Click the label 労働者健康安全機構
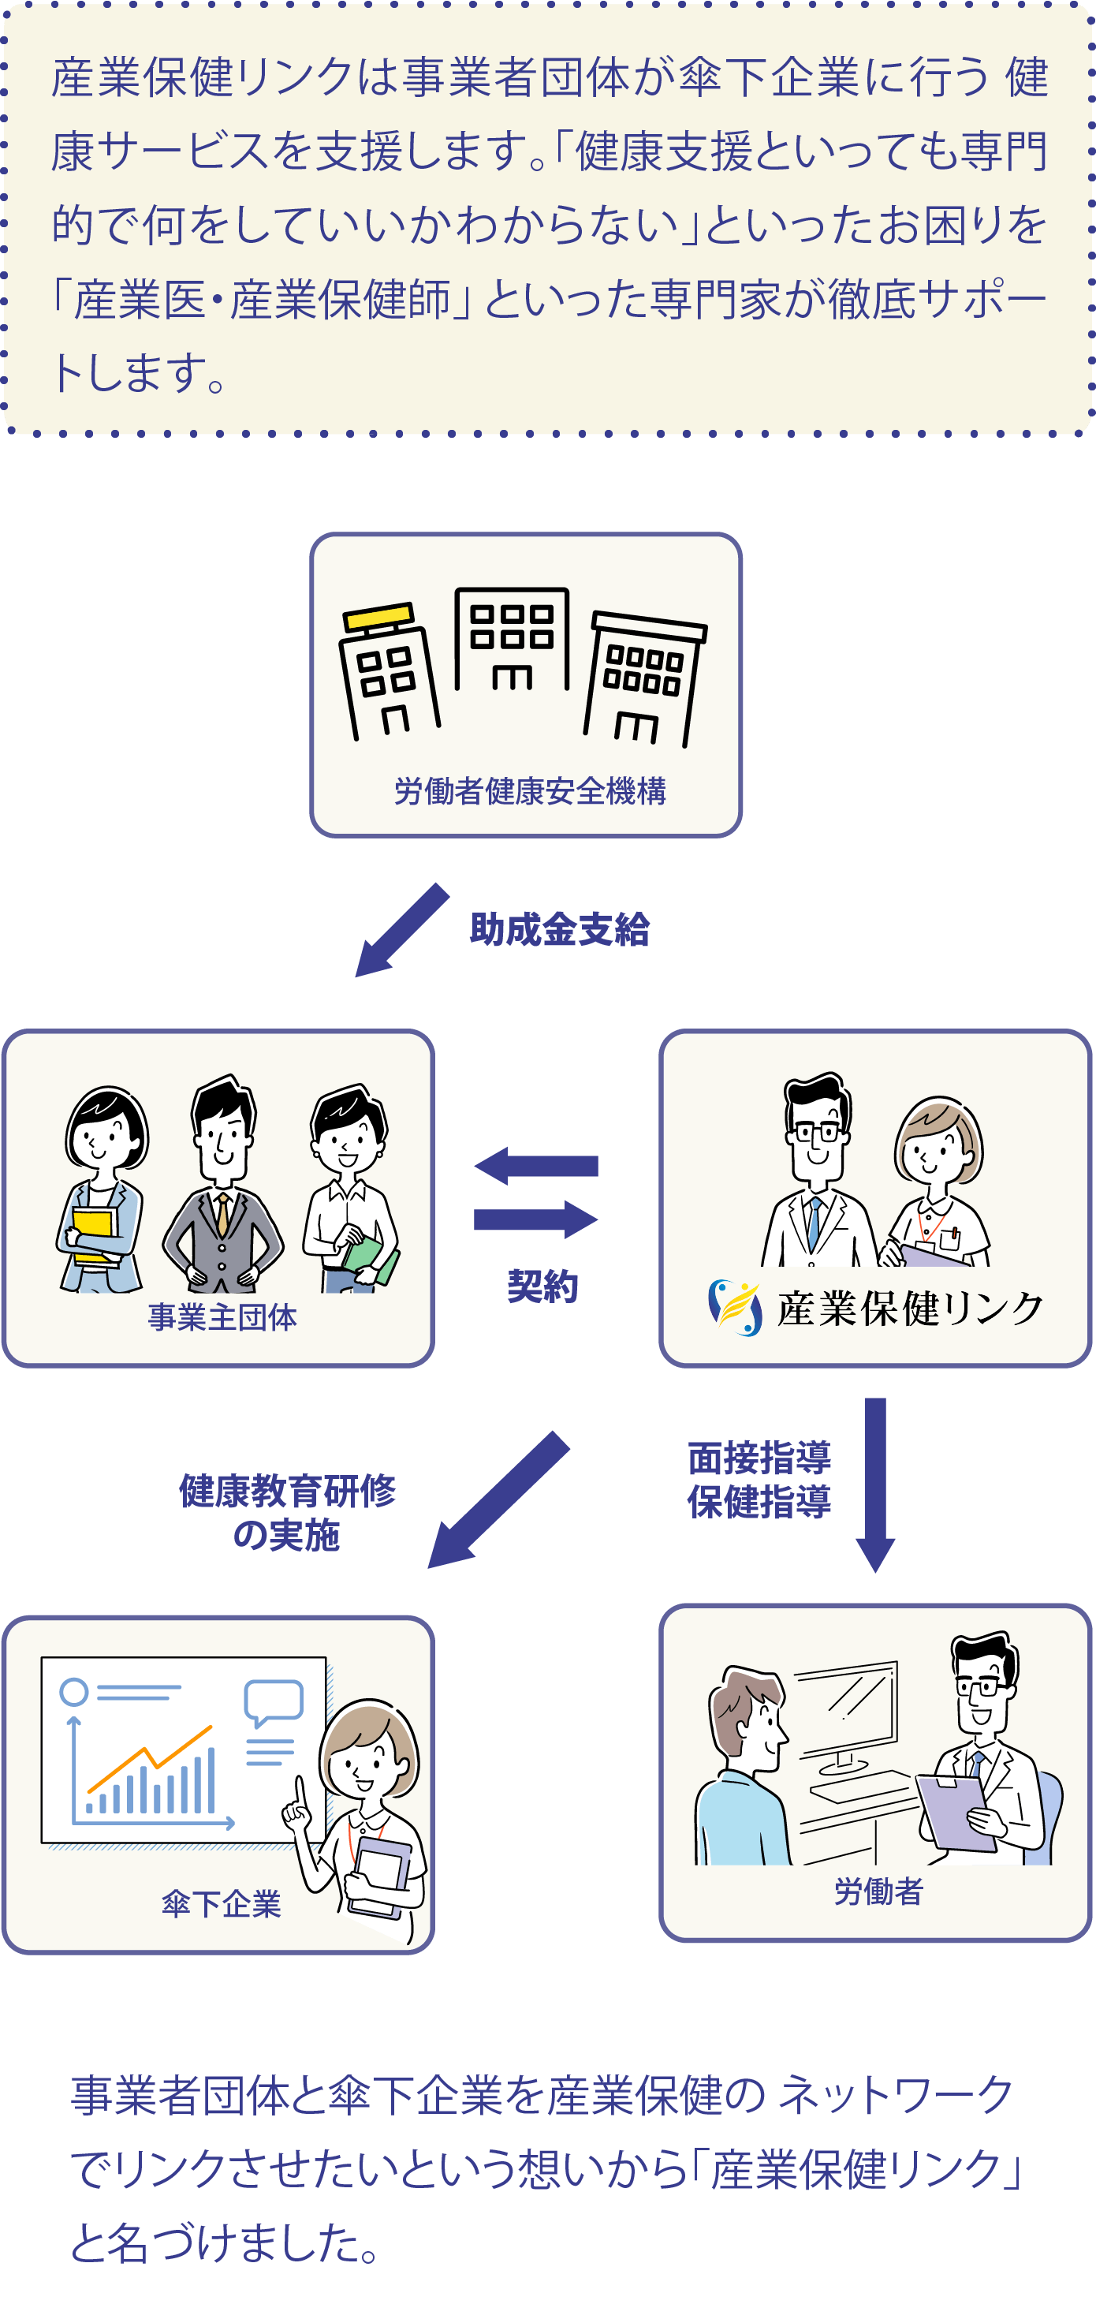pyautogui.click(x=529, y=790)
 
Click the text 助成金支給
pyautogui.click(x=560, y=930)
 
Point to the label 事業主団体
pyautogui.click(x=222, y=1316)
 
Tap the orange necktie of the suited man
pyautogui.click(x=222, y=1216)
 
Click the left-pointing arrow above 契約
pyautogui.click(x=535, y=1166)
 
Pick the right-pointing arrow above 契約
pyautogui.click(x=535, y=1219)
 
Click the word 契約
pyautogui.click(x=542, y=1286)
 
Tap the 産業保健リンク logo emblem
pyautogui.click(x=735, y=1308)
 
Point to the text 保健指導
pyautogui.click(x=759, y=1503)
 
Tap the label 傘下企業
pyautogui.click(x=221, y=1904)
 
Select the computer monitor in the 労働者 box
pyautogui.click(x=844, y=1708)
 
